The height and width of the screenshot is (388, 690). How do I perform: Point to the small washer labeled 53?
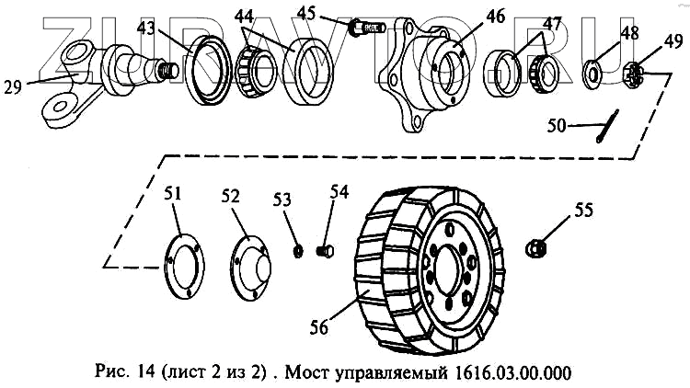(299, 251)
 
